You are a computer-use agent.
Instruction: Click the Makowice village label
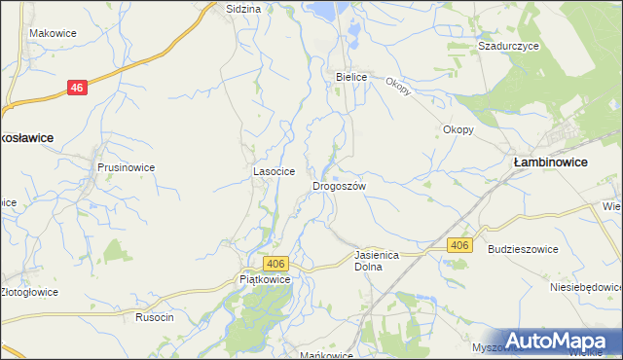pyautogui.click(x=53, y=33)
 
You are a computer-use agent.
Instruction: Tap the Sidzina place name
pyautogui.click(x=243, y=8)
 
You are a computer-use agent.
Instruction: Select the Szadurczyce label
pyautogui.click(x=502, y=46)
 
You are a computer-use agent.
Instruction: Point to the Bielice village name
pyautogui.click(x=350, y=76)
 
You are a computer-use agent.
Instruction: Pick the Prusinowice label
pyautogui.click(x=126, y=167)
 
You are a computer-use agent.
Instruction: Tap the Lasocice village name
pyautogui.click(x=275, y=171)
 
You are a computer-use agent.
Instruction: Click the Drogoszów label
pyautogui.click(x=339, y=185)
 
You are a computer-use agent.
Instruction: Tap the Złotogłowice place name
pyautogui.click(x=28, y=292)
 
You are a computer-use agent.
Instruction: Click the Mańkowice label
pyautogui.click(x=326, y=355)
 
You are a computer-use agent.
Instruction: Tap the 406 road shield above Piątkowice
pyautogui.click(x=275, y=264)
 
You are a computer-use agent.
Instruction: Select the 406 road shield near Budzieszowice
pyautogui.click(x=459, y=245)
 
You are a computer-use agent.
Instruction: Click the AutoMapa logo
pyautogui.click(x=558, y=341)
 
